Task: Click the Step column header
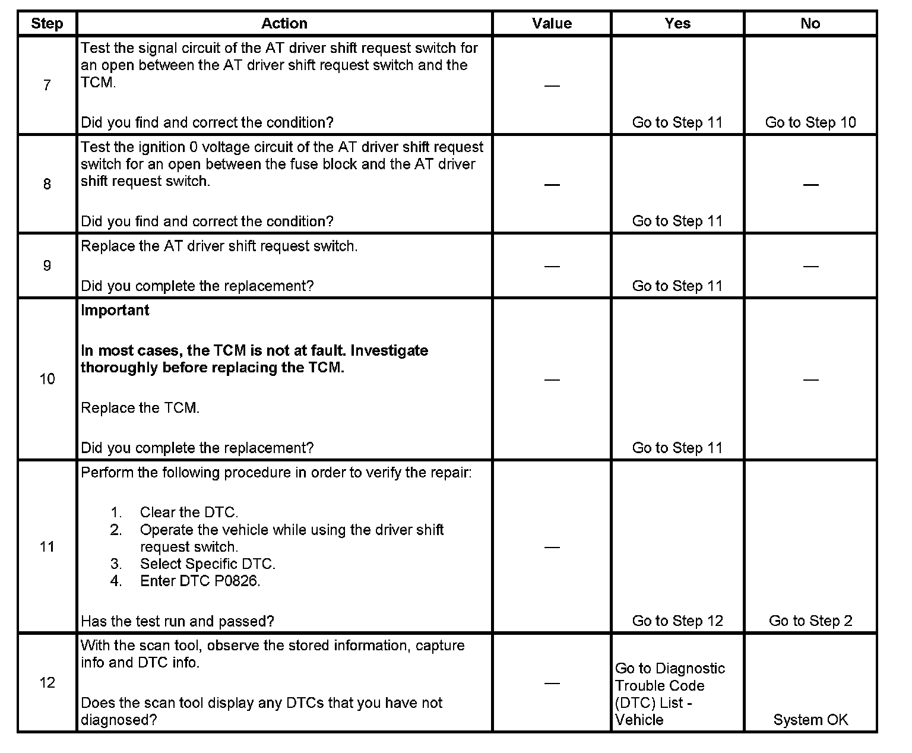[x=47, y=24]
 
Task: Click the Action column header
[x=284, y=24]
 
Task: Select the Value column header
[x=552, y=24]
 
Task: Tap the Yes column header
[x=677, y=24]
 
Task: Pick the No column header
[x=810, y=24]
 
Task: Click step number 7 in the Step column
[x=47, y=86]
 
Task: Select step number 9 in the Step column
[x=47, y=265]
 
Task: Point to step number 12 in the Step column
[x=47, y=682]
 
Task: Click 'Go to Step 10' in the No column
[x=810, y=122]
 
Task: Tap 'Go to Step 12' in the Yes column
[x=677, y=621]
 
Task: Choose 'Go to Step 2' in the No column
[x=810, y=621]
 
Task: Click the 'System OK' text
[x=810, y=720]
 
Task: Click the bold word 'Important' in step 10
[x=115, y=311]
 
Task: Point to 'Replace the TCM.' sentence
[x=140, y=408]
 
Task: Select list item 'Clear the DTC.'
[x=189, y=512]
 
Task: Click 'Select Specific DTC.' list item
[x=208, y=564]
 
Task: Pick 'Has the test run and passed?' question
[x=178, y=621]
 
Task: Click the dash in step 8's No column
[x=810, y=185]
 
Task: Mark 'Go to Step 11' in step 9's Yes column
[x=677, y=286]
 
